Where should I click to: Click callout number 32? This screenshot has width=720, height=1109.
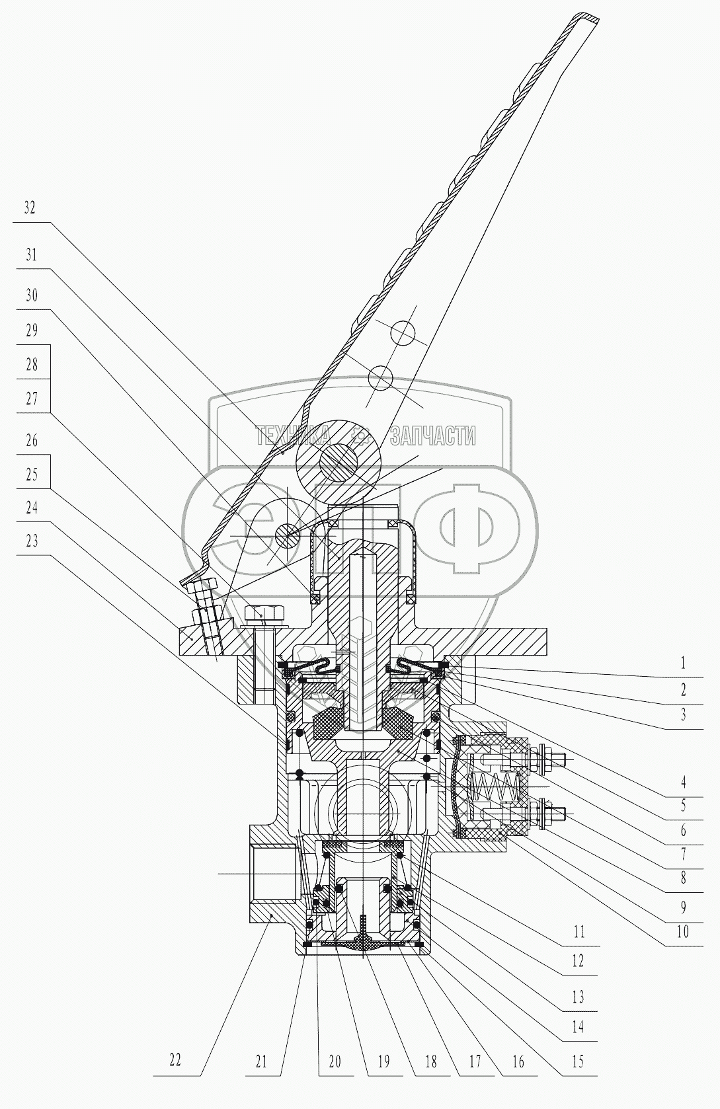(30, 208)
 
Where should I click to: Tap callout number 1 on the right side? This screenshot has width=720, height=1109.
(683, 663)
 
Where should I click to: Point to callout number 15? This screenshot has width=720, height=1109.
(578, 1061)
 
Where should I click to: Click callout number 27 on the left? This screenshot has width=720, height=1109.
(31, 399)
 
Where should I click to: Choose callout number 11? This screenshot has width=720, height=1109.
(579, 933)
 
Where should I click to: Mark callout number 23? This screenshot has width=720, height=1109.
(30, 541)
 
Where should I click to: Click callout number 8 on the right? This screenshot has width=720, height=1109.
(683, 879)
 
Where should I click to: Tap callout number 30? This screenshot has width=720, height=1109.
(31, 295)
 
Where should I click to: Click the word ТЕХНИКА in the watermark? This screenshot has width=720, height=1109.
(293, 436)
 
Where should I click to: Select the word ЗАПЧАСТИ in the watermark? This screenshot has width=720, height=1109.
(433, 436)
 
